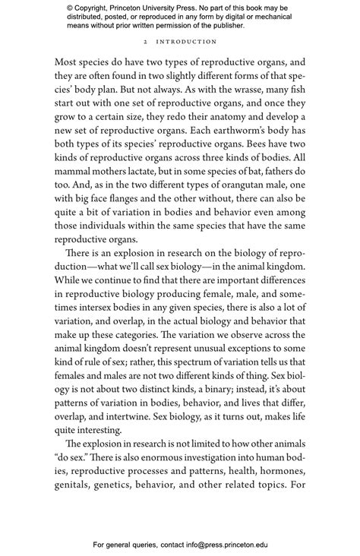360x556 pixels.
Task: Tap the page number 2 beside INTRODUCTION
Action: [144, 42]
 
